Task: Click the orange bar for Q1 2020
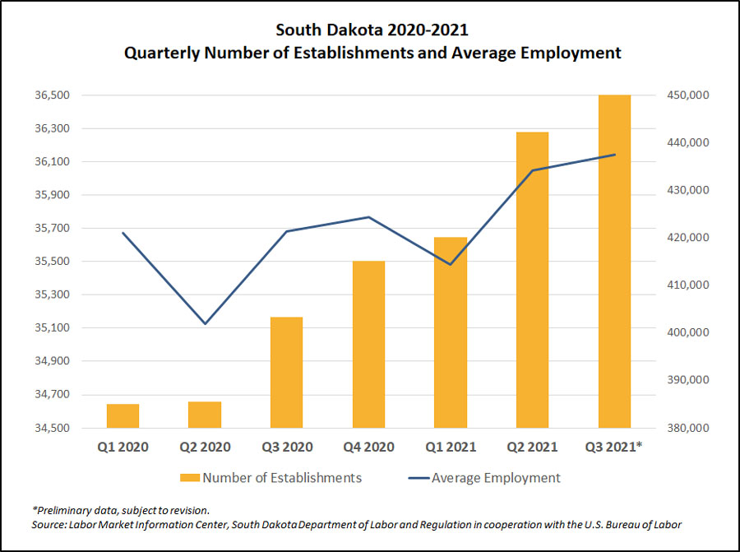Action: pyautogui.click(x=123, y=416)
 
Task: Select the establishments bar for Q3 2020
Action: pyautogui.click(x=287, y=372)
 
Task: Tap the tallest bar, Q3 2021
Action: pyautogui.click(x=614, y=262)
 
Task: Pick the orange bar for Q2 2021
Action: pyautogui.click(x=533, y=280)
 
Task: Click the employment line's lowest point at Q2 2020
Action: pyautogui.click(x=205, y=323)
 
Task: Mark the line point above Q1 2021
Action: pyautogui.click(x=451, y=264)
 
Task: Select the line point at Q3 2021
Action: pyautogui.click(x=614, y=155)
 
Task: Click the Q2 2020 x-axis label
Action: pyautogui.click(x=205, y=448)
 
